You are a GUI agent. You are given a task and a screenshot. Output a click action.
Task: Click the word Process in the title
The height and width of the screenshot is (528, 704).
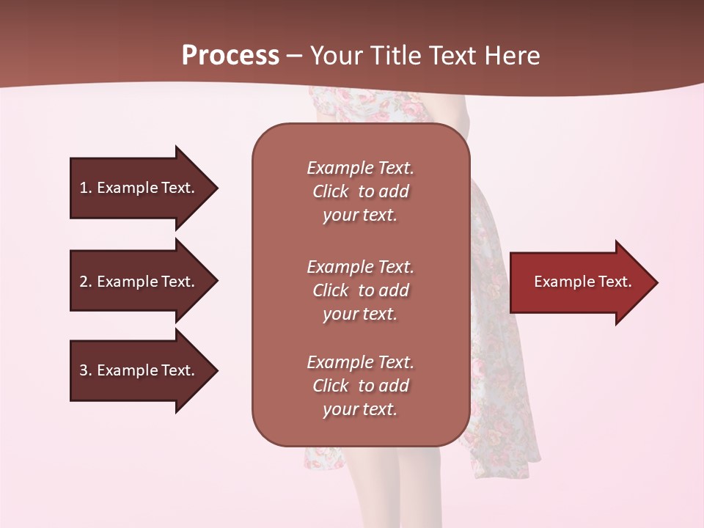tap(230, 56)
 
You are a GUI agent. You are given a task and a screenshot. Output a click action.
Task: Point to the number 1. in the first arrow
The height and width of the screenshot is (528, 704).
tap(86, 188)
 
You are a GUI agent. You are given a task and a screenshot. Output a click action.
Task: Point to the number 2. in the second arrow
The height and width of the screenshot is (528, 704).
tap(86, 282)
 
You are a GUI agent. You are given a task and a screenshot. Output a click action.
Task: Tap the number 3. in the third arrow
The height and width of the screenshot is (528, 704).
tap(86, 370)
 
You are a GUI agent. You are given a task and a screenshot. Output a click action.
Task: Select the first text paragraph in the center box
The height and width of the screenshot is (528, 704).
tap(360, 191)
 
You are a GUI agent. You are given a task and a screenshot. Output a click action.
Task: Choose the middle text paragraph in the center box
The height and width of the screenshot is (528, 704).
tap(360, 290)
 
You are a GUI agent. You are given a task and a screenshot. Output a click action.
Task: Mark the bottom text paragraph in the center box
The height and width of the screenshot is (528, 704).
tap(360, 386)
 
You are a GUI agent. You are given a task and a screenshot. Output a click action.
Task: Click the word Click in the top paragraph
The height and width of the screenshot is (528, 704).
tap(331, 191)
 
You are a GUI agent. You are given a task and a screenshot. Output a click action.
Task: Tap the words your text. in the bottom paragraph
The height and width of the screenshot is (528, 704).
tap(360, 409)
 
